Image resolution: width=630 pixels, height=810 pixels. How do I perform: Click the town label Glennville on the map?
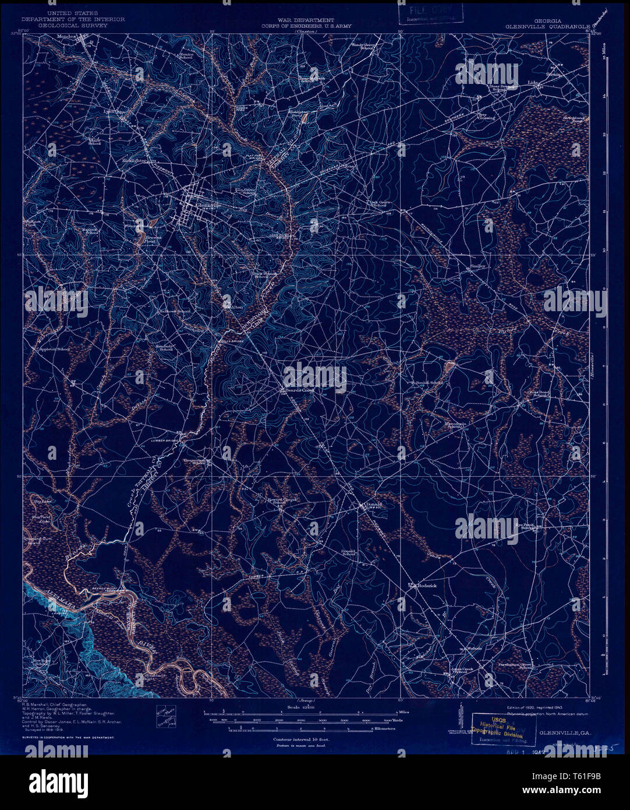[207, 205]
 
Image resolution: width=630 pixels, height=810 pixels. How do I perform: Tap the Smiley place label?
[477, 266]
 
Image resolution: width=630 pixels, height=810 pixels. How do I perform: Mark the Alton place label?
[235, 305]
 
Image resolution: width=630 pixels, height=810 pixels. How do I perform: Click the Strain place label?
[552, 74]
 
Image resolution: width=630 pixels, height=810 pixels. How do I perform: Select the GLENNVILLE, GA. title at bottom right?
[562, 732]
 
